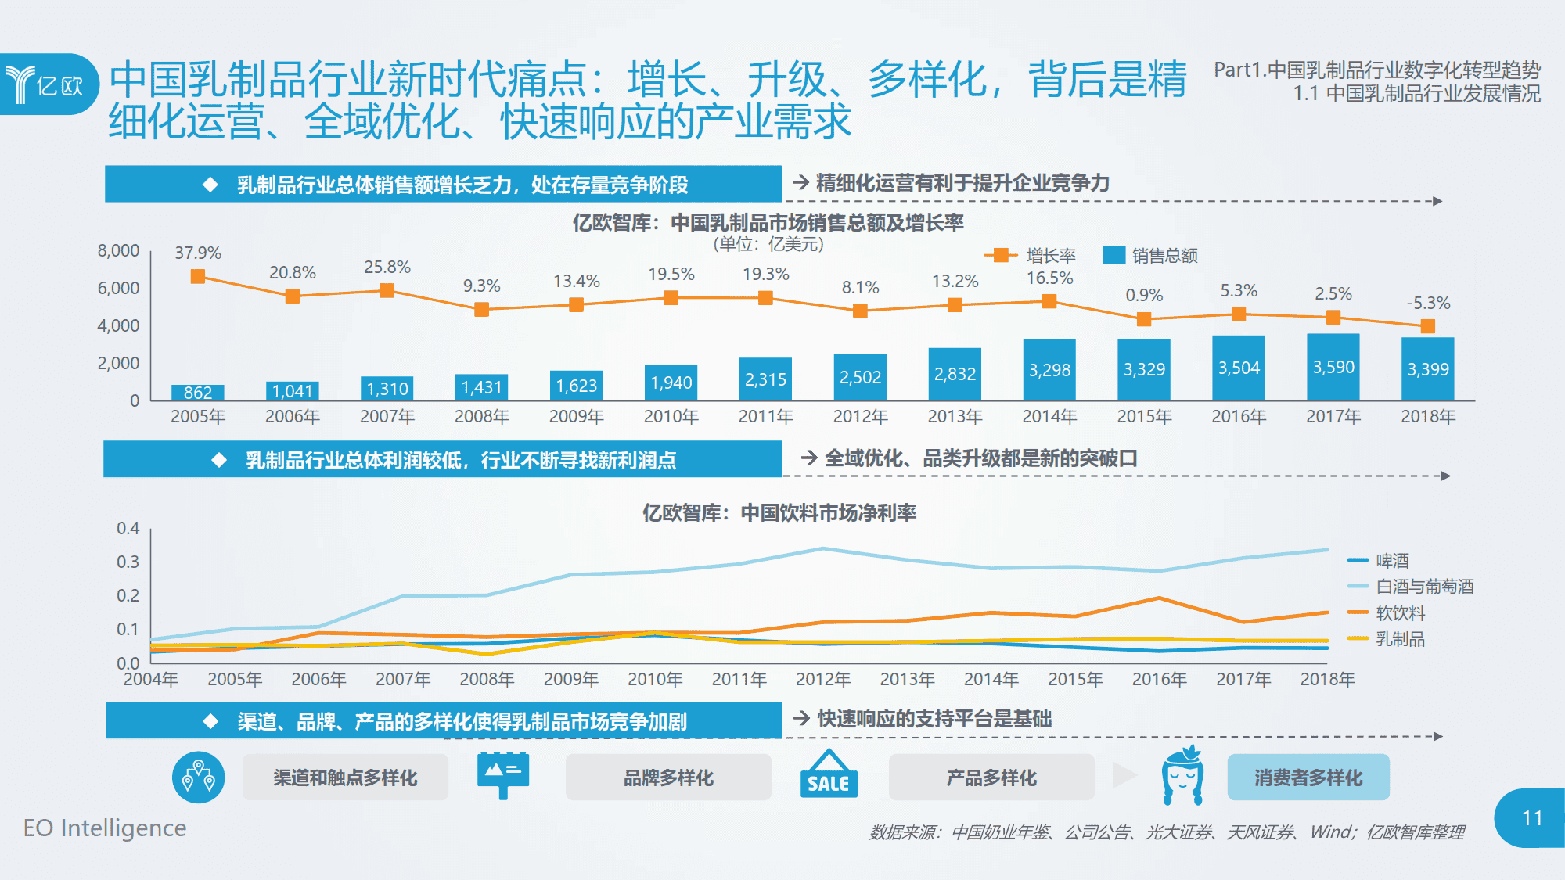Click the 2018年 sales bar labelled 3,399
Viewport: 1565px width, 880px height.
pos(1427,369)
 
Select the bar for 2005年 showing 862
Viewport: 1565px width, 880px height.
pos(198,392)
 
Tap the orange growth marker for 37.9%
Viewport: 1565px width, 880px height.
pos(198,276)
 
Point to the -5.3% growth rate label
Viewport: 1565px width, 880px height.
pos(1428,303)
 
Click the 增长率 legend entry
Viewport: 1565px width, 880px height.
pos(1031,255)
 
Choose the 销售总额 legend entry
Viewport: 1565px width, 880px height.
pos(1150,255)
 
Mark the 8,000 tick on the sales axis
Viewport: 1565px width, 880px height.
pos(118,251)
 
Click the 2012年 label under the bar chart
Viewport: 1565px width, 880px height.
pos(860,416)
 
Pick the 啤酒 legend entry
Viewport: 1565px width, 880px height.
pos(1378,560)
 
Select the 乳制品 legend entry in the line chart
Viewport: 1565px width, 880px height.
pos(1386,639)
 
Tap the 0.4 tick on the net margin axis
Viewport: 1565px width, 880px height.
pos(128,528)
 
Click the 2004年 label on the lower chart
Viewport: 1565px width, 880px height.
pos(150,679)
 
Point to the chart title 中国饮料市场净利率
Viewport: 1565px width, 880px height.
pos(779,512)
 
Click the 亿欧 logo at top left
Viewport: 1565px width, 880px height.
pos(47,84)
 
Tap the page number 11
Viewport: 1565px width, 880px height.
pos(1531,818)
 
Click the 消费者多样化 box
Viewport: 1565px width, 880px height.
pos(1308,778)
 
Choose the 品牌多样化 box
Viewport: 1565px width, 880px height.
pos(668,778)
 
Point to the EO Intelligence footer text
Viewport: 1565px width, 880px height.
pos(105,828)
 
